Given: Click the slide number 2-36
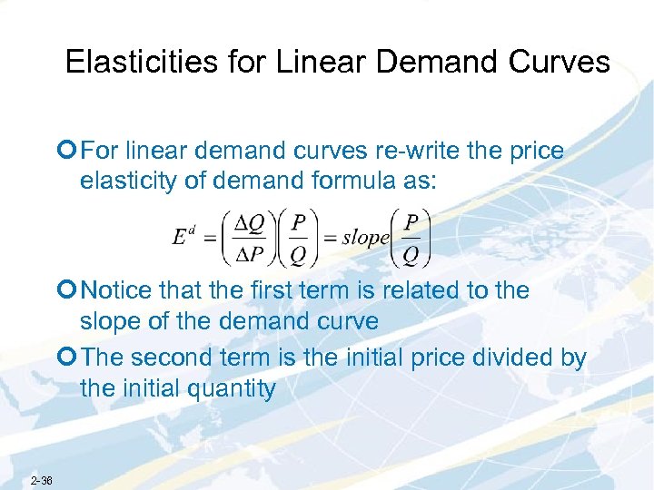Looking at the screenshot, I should pyautogui.click(x=41, y=480).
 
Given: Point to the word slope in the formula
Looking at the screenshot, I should pyautogui.click(x=365, y=238).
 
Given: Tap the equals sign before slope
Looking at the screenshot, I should pyautogui.click(x=329, y=239).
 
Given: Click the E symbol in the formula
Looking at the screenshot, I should pyautogui.click(x=180, y=238).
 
